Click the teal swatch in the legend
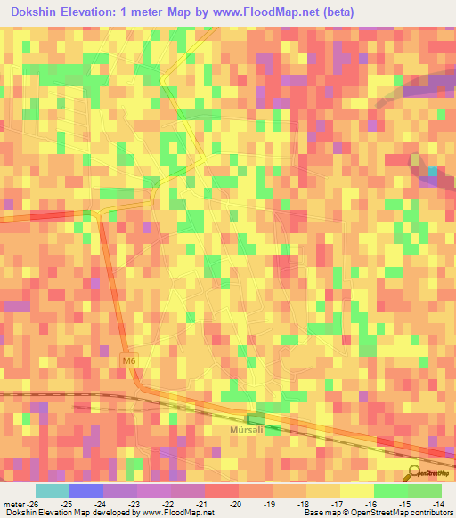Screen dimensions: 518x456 (52, 490)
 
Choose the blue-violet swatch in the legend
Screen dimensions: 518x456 (85, 490)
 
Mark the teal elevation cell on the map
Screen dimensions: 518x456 (434, 171)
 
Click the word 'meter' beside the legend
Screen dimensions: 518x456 (12, 505)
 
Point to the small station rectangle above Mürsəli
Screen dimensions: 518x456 (256, 417)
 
